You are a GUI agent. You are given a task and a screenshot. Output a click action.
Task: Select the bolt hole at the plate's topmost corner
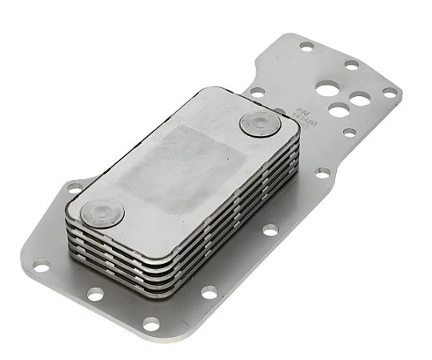click(307, 46)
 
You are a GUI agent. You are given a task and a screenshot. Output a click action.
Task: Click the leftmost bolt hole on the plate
click(42, 265)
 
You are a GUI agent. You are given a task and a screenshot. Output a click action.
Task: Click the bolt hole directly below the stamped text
click(320, 172)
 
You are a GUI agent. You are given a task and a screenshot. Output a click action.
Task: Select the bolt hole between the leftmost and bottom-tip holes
click(95, 294)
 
